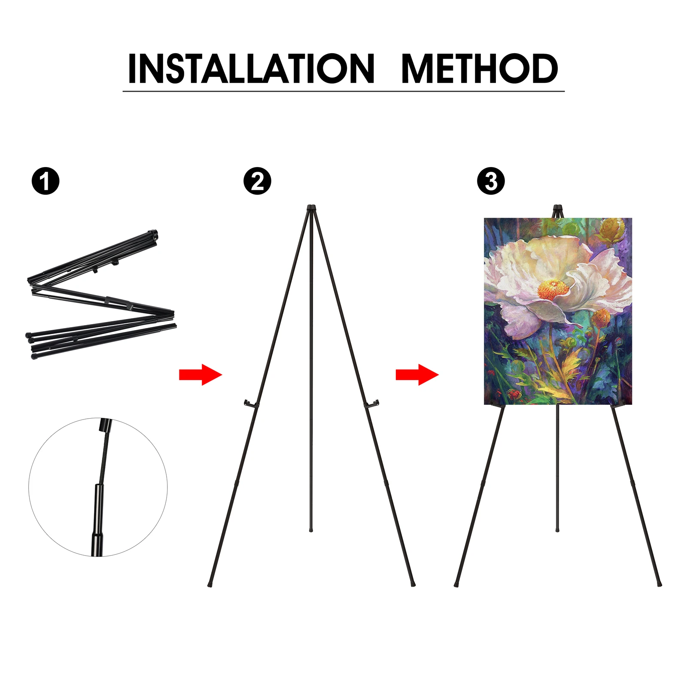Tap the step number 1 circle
tap(46, 181)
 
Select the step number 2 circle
tap(257, 181)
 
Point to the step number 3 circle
tap(491, 181)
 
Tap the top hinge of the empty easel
tap(312, 209)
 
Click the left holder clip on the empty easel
tap(250, 404)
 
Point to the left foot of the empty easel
tap(210, 584)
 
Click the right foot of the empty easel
tap(413, 584)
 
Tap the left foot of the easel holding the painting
tap(456, 584)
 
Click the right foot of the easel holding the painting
tap(660, 584)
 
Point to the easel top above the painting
tap(557, 211)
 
